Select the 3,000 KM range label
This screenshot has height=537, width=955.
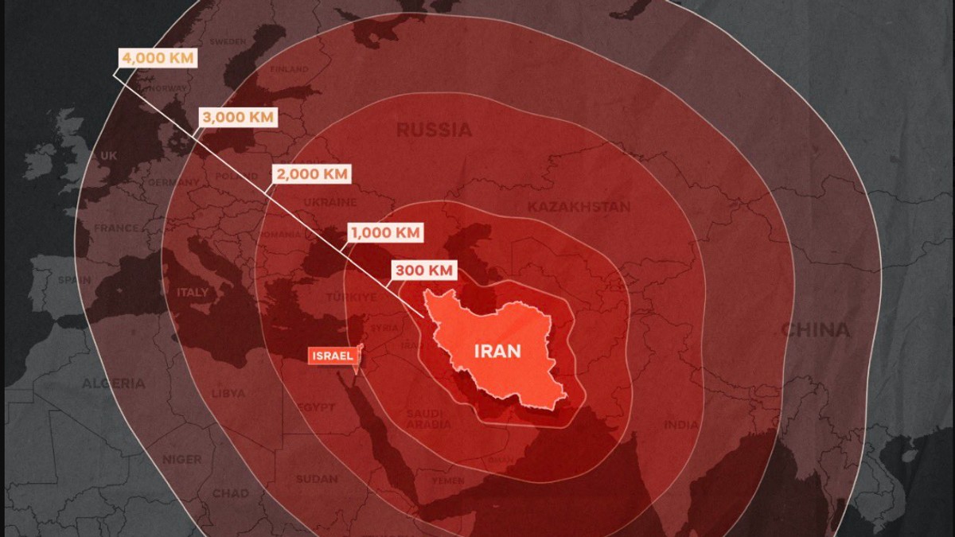[x=238, y=118]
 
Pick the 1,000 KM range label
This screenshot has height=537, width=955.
[x=384, y=233]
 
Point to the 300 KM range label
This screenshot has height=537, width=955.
[x=423, y=270]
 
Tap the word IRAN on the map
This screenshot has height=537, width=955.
[x=497, y=351]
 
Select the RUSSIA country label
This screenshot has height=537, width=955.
[x=434, y=130]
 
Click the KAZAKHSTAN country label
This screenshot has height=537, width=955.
[x=579, y=207]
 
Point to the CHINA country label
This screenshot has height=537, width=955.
[x=815, y=329]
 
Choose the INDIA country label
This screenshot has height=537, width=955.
[x=681, y=425]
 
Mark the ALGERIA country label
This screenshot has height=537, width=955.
[x=113, y=384]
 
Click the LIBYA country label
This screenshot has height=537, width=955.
[x=228, y=394]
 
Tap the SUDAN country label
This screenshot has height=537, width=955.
[x=317, y=479]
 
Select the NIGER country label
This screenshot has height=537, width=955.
[x=181, y=459]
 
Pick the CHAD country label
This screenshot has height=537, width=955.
[x=230, y=493]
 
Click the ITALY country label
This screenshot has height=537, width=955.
[x=193, y=292]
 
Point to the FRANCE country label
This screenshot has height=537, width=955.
[x=116, y=228]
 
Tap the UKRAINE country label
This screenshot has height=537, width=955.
[x=329, y=202]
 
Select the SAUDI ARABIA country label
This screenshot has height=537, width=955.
[x=429, y=418]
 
